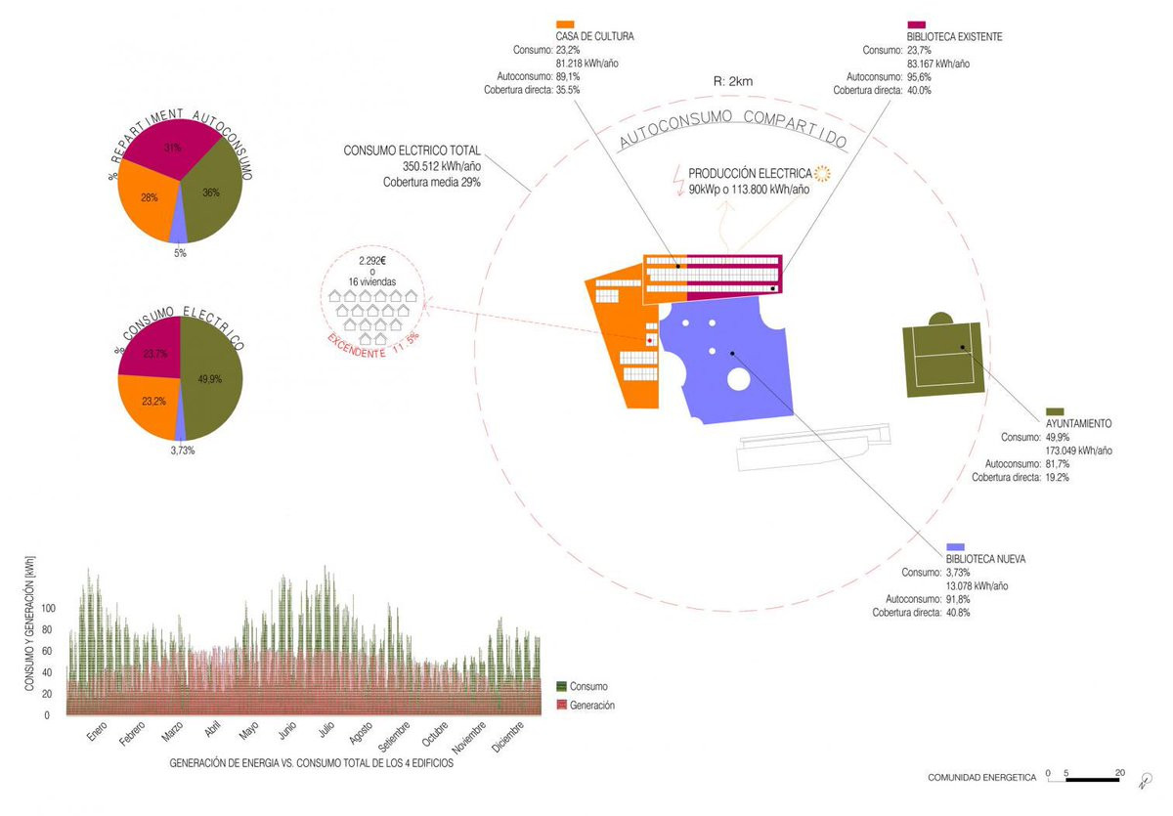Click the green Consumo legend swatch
(561, 686)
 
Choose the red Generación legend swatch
(561, 705)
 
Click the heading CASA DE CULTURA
(594, 37)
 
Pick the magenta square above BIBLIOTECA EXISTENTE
(917, 24)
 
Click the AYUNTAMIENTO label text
(1078, 424)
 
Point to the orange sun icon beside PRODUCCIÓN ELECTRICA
(821, 173)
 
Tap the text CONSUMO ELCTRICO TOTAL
(412, 151)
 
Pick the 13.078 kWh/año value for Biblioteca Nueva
(977, 585)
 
